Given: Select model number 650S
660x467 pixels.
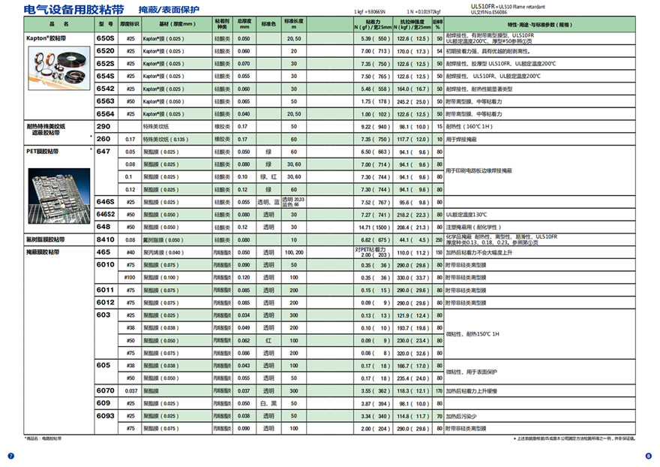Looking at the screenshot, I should [105, 38].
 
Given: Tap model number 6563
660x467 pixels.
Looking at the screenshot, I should [105, 101].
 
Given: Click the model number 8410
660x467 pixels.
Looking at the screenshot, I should [105, 240].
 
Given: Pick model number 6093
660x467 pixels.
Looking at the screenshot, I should [105, 415].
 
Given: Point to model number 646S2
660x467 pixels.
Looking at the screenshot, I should [106, 214].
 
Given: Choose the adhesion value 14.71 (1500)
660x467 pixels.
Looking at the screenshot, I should [372, 227].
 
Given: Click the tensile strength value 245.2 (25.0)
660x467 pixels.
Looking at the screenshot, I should [412, 101].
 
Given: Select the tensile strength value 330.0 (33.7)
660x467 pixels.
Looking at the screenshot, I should [412, 277].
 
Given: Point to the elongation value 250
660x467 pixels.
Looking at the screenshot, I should [439, 240].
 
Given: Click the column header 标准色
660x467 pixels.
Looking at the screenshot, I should [268, 25].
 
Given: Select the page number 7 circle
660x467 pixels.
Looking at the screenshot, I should [10, 456].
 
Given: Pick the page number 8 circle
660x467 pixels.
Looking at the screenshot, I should [649, 456].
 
